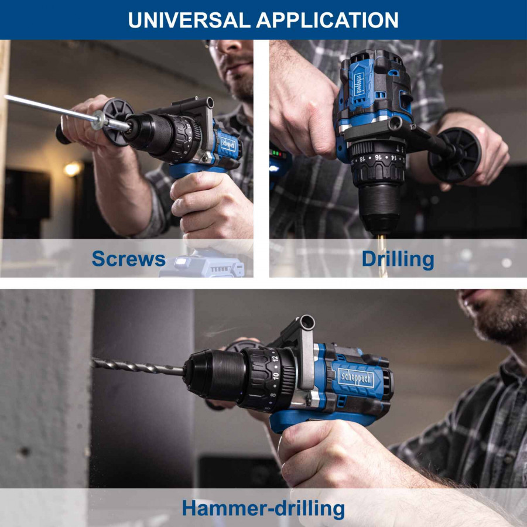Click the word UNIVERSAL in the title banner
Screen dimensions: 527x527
tap(189, 20)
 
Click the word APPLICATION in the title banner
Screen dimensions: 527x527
tap(327, 20)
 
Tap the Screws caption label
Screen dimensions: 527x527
tap(129, 259)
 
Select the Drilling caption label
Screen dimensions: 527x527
tap(398, 259)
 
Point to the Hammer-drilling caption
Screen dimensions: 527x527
tap(263, 508)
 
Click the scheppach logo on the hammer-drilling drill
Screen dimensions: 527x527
tap(356, 379)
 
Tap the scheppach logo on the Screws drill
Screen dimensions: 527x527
tap(228, 145)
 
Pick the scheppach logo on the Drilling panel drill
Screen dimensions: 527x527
tap(360, 84)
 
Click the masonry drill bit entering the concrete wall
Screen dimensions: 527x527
tap(137, 367)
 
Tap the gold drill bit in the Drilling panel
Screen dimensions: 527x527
tap(382, 255)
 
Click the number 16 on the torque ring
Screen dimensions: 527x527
tap(378, 158)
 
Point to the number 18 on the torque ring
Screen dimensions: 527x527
tap(362, 159)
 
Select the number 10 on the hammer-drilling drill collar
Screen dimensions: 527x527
tap(276, 376)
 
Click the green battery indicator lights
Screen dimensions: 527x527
tap(278, 154)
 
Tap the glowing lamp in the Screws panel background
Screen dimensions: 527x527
tap(73, 169)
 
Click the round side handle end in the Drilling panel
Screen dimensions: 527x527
tap(454, 155)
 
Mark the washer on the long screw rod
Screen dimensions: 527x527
tap(98, 120)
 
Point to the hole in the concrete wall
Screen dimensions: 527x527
tap(24, 452)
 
